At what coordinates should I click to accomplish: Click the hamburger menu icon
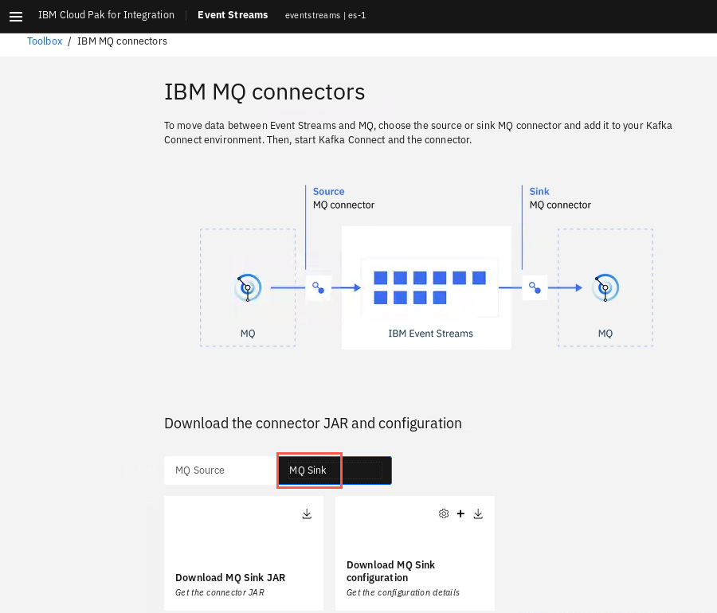[16, 17]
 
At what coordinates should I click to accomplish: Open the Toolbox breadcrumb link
[45, 41]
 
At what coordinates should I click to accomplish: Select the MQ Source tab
[200, 470]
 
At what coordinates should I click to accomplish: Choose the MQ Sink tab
[335, 470]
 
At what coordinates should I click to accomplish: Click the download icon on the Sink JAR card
[307, 514]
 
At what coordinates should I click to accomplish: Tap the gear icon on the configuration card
[444, 513]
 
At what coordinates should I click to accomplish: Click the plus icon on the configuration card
[460, 513]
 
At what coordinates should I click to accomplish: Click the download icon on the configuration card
[478, 514]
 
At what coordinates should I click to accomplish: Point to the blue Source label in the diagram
[329, 191]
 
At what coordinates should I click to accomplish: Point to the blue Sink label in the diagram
[539, 191]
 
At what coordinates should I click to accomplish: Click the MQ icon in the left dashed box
[248, 287]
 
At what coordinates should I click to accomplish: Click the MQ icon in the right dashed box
[605, 287]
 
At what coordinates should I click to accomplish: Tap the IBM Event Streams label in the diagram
[431, 334]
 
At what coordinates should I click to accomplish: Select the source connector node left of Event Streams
[318, 287]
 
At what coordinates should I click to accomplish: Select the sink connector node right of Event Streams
[535, 287]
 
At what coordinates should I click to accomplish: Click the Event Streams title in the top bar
[233, 15]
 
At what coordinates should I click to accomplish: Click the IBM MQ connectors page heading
[264, 92]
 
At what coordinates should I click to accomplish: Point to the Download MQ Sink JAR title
[230, 578]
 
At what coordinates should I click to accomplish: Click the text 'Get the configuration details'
[403, 592]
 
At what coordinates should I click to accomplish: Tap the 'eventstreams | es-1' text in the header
[326, 16]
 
